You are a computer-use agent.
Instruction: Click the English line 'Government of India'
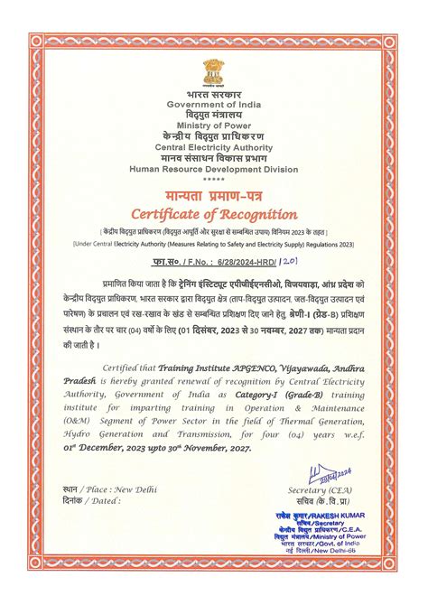(x=214, y=106)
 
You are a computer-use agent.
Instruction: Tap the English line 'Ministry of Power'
(x=214, y=126)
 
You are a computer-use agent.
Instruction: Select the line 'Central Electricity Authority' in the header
(x=214, y=146)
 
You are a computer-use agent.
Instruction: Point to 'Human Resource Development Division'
(x=214, y=168)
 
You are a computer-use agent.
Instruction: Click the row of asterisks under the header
(x=214, y=180)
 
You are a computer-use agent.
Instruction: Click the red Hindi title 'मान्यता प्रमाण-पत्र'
(x=214, y=196)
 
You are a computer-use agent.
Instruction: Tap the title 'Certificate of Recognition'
(x=214, y=215)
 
